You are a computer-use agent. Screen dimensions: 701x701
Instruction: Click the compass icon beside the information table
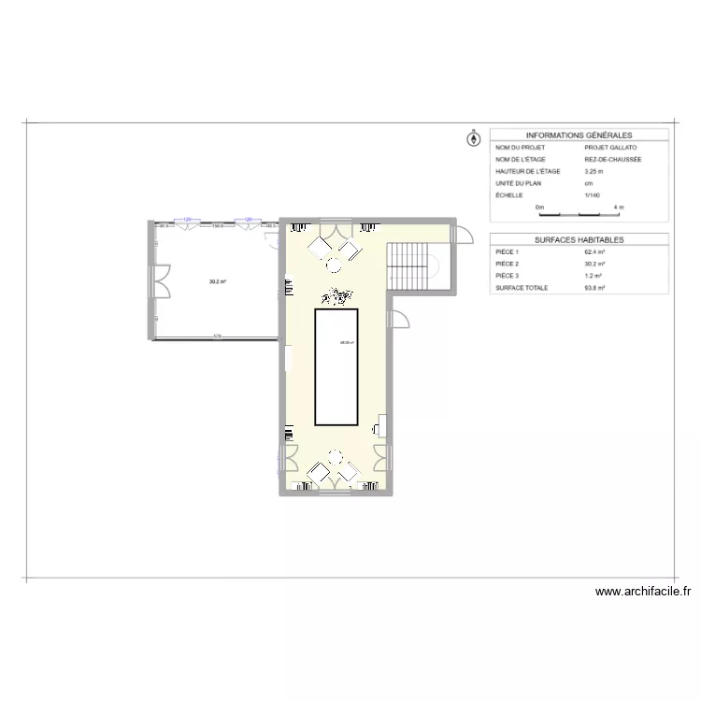[473, 139]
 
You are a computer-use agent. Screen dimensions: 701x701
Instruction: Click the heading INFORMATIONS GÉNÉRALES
[579, 136]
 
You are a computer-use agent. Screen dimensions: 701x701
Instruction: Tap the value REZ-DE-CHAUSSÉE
[613, 160]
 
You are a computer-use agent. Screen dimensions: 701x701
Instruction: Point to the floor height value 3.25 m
[594, 172]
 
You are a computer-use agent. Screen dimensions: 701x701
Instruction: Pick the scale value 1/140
[592, 195]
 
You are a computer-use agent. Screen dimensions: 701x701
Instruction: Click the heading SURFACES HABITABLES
[579, 240]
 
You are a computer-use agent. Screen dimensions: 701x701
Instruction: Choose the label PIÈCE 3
[508, 277]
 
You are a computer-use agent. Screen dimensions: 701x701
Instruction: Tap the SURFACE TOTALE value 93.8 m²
[595, 289]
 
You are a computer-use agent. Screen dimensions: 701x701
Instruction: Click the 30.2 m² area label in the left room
[218, 281]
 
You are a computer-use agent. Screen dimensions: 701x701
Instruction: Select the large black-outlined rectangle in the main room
[336, 366]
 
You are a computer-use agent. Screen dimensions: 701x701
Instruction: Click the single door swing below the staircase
[399, 318]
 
